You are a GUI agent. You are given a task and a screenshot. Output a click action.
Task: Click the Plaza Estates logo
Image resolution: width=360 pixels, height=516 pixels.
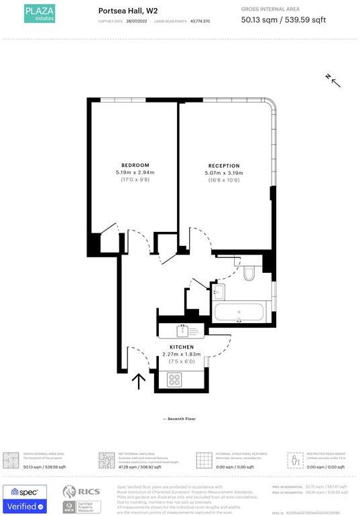click(40, 13)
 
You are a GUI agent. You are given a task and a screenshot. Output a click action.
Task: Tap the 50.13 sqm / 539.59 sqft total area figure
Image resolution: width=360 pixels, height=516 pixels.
click(283, 20)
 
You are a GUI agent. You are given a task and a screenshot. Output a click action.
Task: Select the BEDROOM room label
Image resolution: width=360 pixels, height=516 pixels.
click(135, 165)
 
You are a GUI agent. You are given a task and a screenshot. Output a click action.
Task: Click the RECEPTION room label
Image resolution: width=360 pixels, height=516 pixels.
click(224, 166)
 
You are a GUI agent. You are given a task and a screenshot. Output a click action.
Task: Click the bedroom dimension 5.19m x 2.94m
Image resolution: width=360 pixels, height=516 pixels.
click(135, 172)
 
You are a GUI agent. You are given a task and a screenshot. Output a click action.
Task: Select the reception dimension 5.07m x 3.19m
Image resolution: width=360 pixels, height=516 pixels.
click(224, 173)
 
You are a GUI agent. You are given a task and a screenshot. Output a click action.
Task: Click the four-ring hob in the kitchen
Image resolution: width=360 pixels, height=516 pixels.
click(174, 379)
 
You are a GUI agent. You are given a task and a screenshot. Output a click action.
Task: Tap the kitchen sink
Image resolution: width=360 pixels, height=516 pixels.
click(184, 330)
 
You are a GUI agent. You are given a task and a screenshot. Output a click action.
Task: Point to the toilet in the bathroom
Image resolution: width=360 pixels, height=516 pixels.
click(249, 273)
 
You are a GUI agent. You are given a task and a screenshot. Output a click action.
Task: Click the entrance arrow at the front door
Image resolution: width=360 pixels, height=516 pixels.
click(139, 381)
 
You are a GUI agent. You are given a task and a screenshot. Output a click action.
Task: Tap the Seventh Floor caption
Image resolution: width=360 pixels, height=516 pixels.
click(180, 419)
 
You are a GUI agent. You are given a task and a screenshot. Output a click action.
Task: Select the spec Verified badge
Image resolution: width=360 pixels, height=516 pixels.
click(25, 500)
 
